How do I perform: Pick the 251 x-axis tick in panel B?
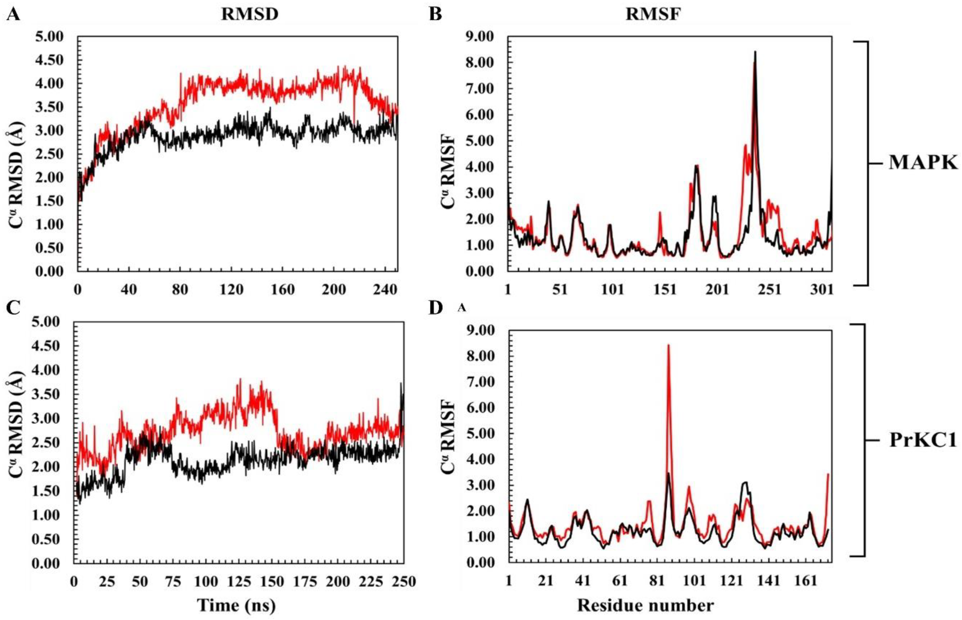click(x=769, y=290)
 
